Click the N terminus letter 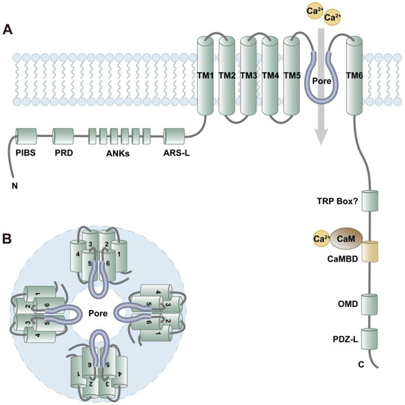[x=15, y=185]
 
